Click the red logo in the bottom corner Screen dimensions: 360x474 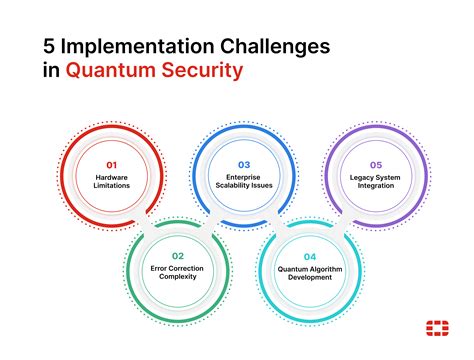(436, 327)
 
